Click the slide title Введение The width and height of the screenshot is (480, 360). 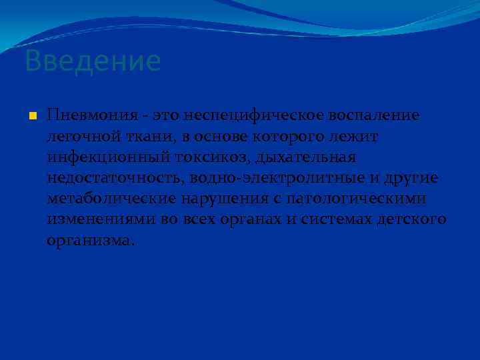[x=93, y=61]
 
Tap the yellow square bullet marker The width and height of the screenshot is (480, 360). [x=32, y=117]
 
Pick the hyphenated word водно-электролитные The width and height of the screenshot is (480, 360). [x=279, y=178]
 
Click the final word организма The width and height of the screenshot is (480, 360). [x=90, y=241]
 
